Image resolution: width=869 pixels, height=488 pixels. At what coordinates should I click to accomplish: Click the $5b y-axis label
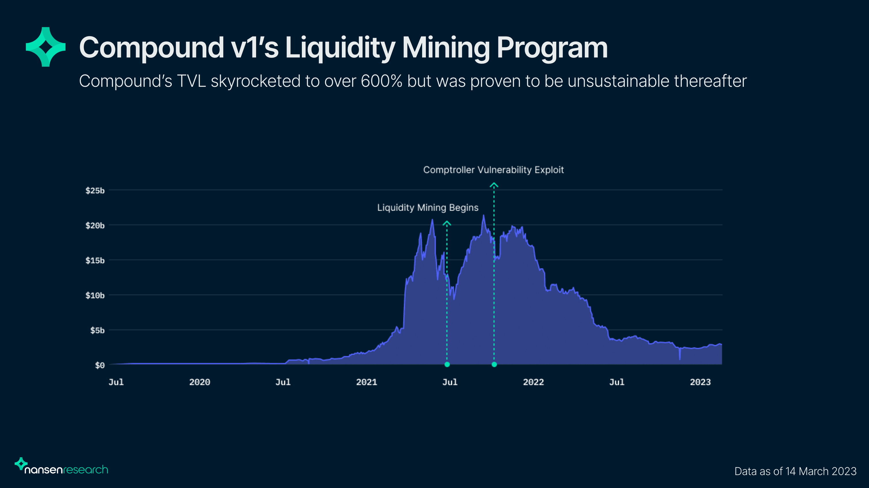(97, 331)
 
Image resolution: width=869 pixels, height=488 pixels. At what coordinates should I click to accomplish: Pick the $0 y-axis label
(100, 365)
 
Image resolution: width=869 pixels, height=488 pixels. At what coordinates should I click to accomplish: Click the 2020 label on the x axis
(199, 382)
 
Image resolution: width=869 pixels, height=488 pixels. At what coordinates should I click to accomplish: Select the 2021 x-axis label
(366, 382)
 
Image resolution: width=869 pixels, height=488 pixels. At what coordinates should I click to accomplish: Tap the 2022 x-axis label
(533, 382)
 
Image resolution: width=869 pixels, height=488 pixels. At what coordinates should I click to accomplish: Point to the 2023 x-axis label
(700, 382)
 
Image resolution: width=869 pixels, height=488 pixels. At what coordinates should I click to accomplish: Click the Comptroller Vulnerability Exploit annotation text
(493, 170)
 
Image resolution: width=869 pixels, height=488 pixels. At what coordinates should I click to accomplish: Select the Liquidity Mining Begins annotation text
(428, 208)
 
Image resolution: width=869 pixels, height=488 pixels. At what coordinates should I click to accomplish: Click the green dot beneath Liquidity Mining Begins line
(447, 364)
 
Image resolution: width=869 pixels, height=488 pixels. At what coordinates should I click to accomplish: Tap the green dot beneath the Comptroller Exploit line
(494, 364)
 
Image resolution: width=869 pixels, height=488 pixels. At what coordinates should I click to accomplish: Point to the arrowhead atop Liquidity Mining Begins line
(447, 223)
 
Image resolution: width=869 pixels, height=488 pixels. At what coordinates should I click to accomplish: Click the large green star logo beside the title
(45, 47)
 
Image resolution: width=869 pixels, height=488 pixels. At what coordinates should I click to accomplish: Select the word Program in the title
(552, 48)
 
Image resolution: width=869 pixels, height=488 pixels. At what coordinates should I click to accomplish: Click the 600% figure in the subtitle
(381, 81)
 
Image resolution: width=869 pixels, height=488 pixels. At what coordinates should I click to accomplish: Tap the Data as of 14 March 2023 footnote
(795, 471)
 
